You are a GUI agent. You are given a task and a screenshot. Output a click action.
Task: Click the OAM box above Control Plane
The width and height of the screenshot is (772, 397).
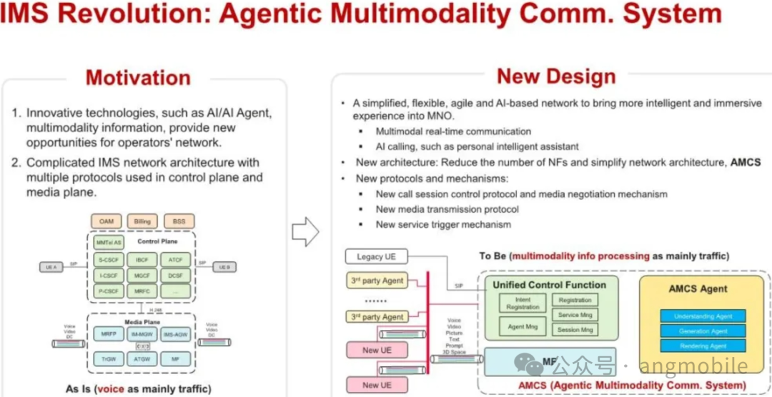(x=106, y=221)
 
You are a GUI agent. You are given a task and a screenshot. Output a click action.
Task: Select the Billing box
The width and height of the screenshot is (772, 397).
(x=142, y=221)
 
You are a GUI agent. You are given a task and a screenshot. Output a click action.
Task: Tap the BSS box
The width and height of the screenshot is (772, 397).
(x=179, y=221)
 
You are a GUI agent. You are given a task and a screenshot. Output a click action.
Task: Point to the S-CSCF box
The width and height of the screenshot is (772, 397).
(x=109, y=259)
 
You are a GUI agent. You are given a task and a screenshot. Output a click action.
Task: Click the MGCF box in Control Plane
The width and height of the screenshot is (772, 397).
(x=142, y=275)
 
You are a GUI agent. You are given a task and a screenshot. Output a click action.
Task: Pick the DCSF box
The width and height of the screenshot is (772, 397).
(x=175, y=275)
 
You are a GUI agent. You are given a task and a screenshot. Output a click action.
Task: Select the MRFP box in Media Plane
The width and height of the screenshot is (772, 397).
(x=109, y=334)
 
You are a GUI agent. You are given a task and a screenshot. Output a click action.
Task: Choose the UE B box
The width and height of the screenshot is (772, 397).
(x=224, y=267)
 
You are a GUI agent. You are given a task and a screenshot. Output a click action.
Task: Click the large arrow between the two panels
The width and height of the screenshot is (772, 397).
(x=306, y=231)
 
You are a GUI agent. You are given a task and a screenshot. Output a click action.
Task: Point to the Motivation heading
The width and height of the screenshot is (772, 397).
(x=138, y=77)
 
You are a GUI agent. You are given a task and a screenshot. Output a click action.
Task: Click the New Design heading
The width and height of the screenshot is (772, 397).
(x=556, y=76)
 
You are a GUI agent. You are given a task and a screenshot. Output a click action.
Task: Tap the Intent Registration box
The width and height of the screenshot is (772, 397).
(x=523, y=303)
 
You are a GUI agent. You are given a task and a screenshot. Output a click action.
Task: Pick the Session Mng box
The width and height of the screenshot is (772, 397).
(x=575, y=330)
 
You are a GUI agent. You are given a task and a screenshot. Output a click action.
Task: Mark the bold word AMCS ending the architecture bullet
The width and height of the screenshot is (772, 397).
(x=746, y=163)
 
